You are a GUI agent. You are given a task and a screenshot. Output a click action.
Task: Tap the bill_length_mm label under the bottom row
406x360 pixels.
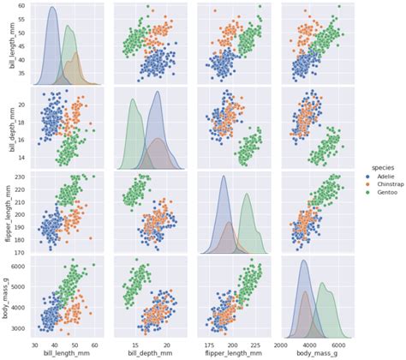(65, 352)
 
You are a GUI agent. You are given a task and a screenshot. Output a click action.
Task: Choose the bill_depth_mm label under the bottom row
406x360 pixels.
(149, 352)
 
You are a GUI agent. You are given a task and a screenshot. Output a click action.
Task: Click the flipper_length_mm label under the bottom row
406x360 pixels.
(233, 352)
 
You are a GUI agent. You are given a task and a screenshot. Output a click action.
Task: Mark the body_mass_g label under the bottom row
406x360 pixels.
(316, 352)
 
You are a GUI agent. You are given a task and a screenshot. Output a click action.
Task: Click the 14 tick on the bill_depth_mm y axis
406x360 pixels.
(21, 158)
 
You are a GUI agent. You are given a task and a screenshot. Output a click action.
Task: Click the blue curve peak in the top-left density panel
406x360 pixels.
(51, 9)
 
